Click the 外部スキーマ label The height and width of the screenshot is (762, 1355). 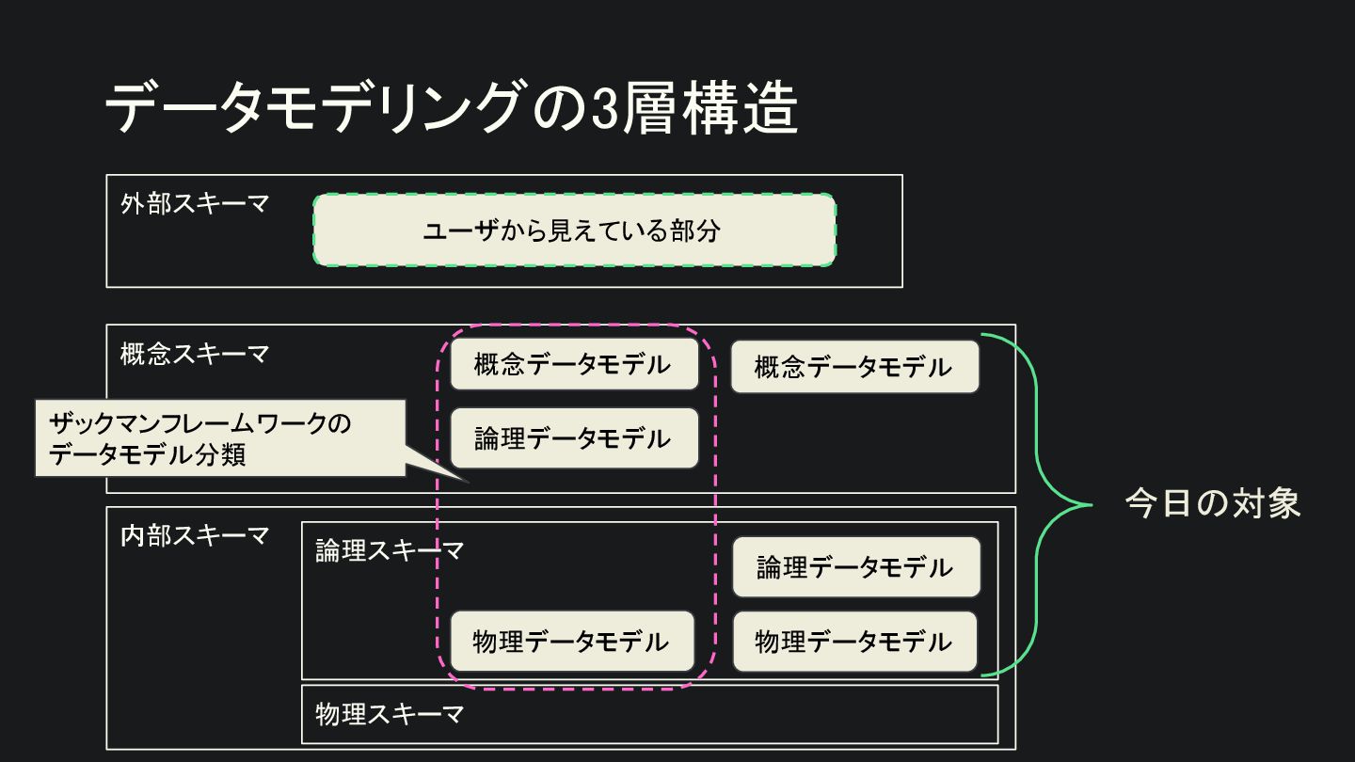(x=195, y=203)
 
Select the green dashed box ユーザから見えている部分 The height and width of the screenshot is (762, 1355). (x=574, y=230)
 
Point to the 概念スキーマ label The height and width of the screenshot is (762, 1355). (x=195, y=354)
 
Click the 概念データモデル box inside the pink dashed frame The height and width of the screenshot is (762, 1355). (x=574, y=364)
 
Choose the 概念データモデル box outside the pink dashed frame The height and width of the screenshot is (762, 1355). (x=854, y=367)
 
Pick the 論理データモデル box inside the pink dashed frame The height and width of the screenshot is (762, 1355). (x=574, y=438)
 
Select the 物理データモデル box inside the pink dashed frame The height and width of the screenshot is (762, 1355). (x=572, y=642)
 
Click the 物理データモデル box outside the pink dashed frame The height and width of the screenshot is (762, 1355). (x=854, y=642)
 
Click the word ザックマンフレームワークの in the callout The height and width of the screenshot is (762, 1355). (x=199, y=423)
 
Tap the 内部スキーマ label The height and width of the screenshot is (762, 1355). (x=195, y=535)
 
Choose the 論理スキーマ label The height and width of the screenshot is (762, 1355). (x=390, y=550)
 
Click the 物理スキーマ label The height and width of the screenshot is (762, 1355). (x=390, y=714)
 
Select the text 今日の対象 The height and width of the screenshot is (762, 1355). (x=1213, y=504)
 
